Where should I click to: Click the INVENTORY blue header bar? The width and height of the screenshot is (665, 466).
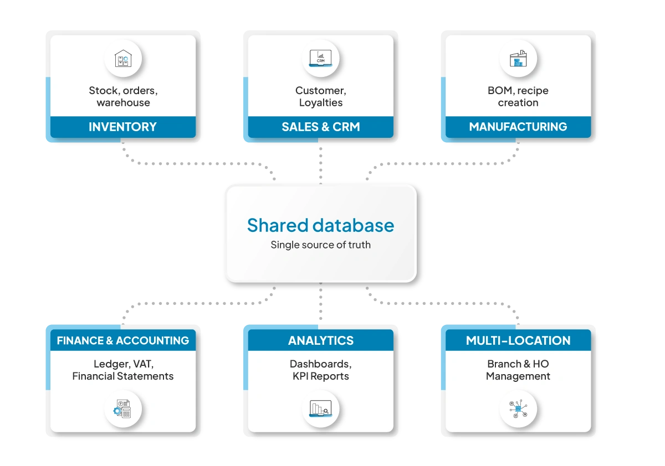pos(122,127)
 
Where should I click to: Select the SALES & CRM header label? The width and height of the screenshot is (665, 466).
pos(320,127)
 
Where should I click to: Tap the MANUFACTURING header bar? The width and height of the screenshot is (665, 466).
pos(518,127)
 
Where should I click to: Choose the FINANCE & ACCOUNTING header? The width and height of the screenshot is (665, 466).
pos(122,340)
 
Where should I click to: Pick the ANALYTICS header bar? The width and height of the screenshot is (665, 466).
pos(320,340)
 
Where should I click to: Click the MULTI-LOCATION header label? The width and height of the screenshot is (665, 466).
pos(518,340)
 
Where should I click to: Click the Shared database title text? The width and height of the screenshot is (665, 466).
pos(320,225)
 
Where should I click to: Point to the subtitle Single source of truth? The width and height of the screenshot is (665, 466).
pos(320,245)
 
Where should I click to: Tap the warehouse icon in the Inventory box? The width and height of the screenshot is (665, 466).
pos(122,59)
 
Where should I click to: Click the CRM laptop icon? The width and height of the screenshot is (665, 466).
pos(320,59)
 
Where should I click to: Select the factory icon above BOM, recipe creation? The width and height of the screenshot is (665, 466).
pos(518,59)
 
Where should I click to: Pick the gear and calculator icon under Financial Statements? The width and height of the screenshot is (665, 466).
pos(122,409)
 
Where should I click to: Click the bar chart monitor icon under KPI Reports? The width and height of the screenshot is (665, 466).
pos(320,409)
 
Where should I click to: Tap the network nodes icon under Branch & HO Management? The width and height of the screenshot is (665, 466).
pos(518,409)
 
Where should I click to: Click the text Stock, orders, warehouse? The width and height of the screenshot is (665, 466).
pos(122,96)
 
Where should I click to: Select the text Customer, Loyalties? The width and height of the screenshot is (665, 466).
pos(320,96)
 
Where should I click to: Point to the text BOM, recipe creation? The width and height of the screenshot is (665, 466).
pos(518,96)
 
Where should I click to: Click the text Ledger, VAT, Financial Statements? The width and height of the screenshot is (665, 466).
pos(122,370)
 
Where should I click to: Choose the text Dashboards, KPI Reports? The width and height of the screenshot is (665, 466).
pos(320,370)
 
